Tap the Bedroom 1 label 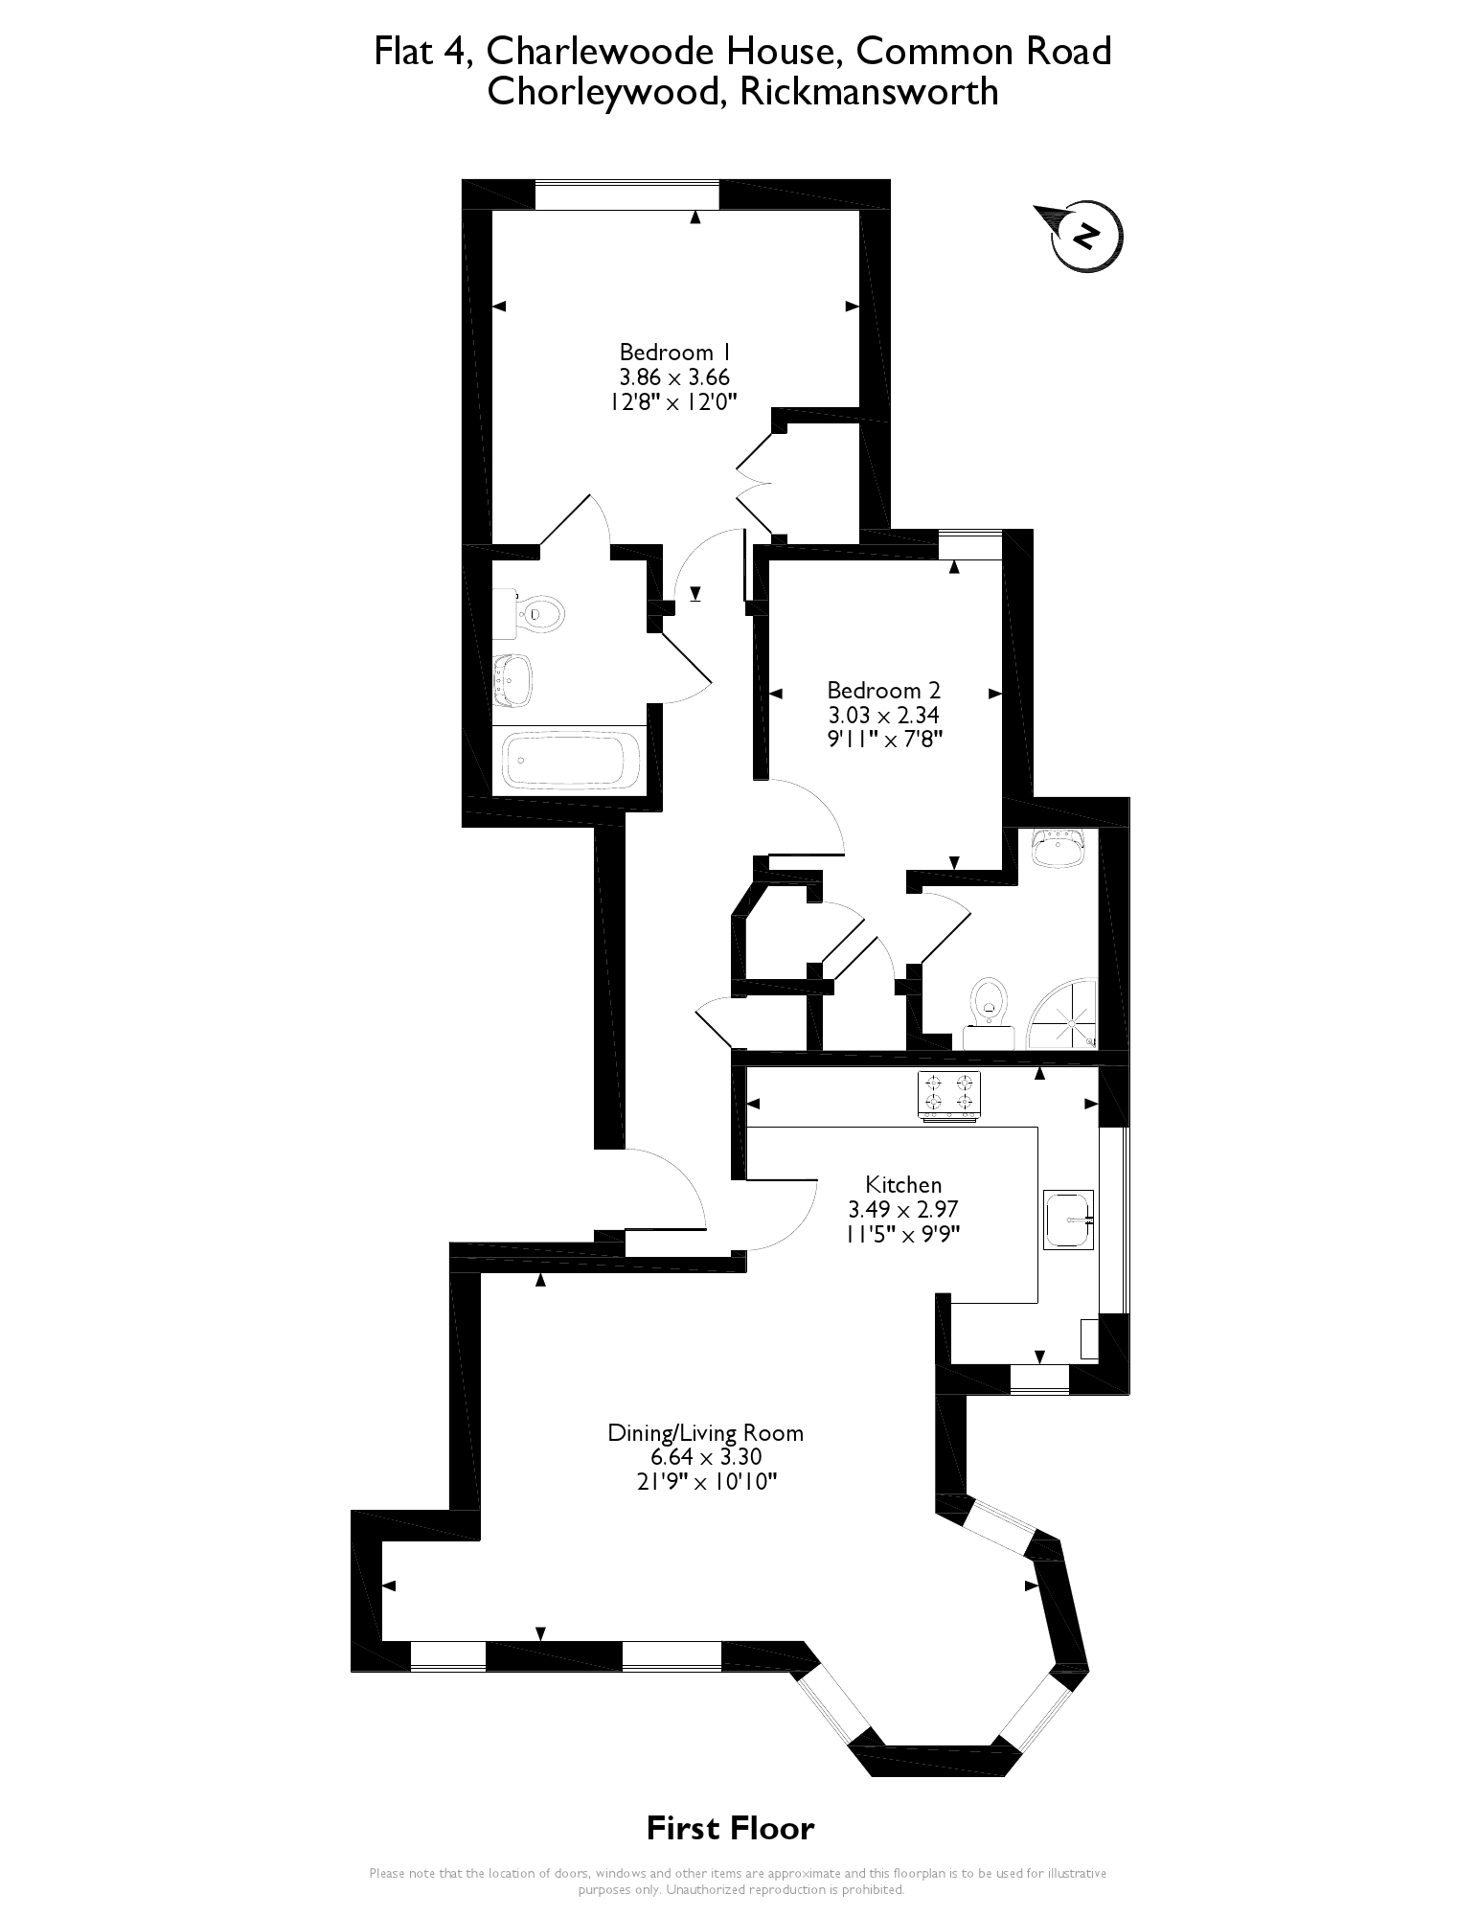pyautogui.click(x=667, y=352)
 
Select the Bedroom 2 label pyautogui.click(x=883, y=690)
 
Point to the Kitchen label pyautogui.click(x=903, y=1184)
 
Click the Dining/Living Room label pyautogui.click(x=705, y=1433)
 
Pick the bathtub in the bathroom pyautogui.click(x=572, y=761)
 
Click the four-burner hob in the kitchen pyautogui.click(x=948, y=1094)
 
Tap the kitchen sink pyautogui.click(x=1068, y=1220)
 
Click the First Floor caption pyautogui.click(x=730, y=1828)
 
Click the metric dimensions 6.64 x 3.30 pyautogui.click(x=705, y=1457)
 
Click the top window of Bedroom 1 pyautogui.click(x=626, y=194)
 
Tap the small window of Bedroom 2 pyautogui.click(x=969, y=544)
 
